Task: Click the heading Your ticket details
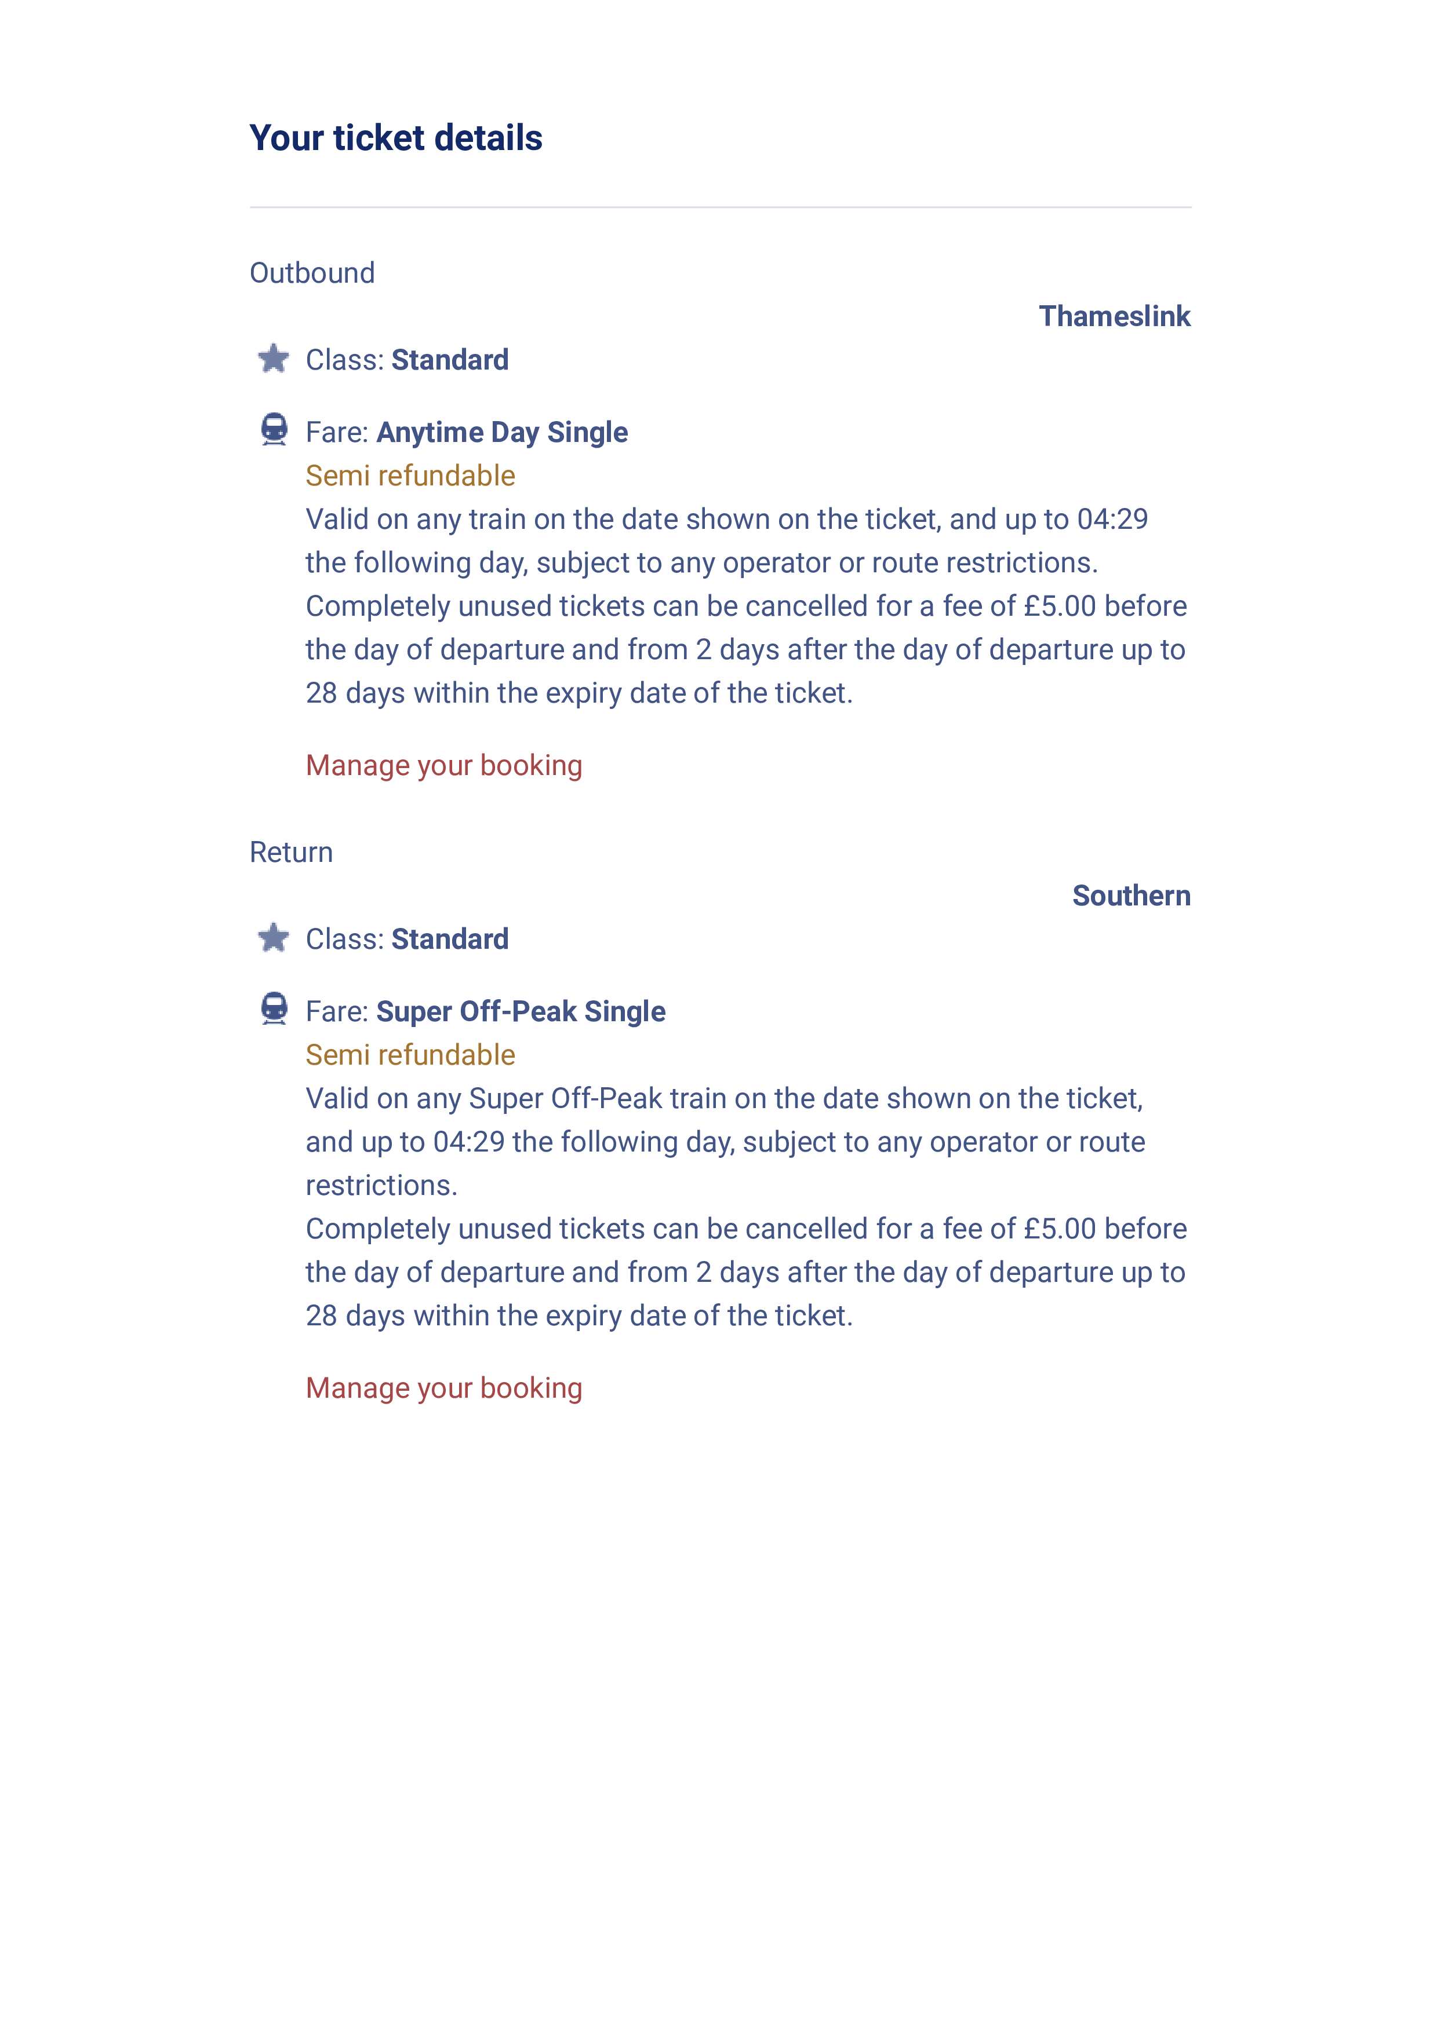(x=396, y=138)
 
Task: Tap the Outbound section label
(x=312, y=273)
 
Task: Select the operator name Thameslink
(x=1114, y=316)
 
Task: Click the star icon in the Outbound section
(x=274, y=359)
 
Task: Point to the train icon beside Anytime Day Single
(x=274, y=430)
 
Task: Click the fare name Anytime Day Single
(x=502, y=432)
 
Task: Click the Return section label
(x=292, y=851)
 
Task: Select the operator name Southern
(x=1131, y=895)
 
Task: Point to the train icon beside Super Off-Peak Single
(x=274, y=1009)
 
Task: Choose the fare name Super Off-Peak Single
(x=521, y=1011)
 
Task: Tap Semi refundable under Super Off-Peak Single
(x=410, y=1054)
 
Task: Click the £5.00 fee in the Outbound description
(x=1059, y=606)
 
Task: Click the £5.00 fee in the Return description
(x=1059, y=1229)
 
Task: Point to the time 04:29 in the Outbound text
(x=1111, y=520)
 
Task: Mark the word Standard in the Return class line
(x=450, y=938)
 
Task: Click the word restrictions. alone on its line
(x=381, y=1185)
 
